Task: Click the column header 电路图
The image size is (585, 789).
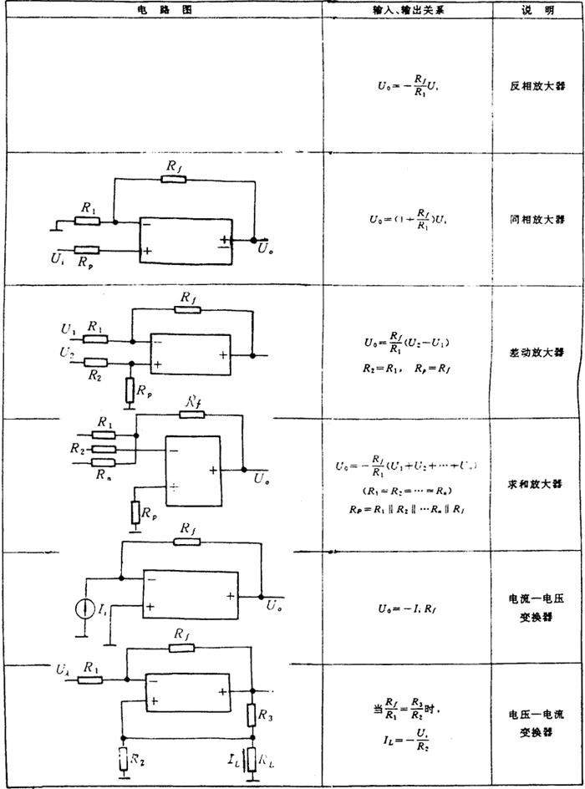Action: (x=160, y=8)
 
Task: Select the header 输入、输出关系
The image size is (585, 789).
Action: (x=406, y=8)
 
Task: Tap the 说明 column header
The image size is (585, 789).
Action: (x=537, y=8)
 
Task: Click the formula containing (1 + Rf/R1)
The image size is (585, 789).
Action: (x=407, y=220)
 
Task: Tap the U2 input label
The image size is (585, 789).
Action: (x=66, y=354)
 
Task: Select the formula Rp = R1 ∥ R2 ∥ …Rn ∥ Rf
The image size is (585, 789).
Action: (x=407, y=509)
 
